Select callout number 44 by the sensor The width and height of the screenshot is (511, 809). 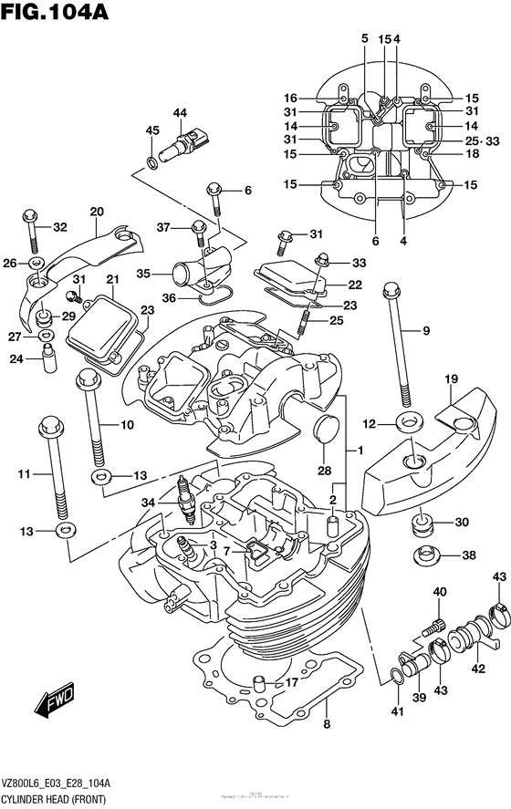[180, 113]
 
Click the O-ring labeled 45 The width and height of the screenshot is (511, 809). [151, 163]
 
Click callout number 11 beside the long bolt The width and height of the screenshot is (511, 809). [25, 473]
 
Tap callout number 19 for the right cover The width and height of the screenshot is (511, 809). [451, 379]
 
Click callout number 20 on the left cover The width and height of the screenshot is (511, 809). [97, 212]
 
